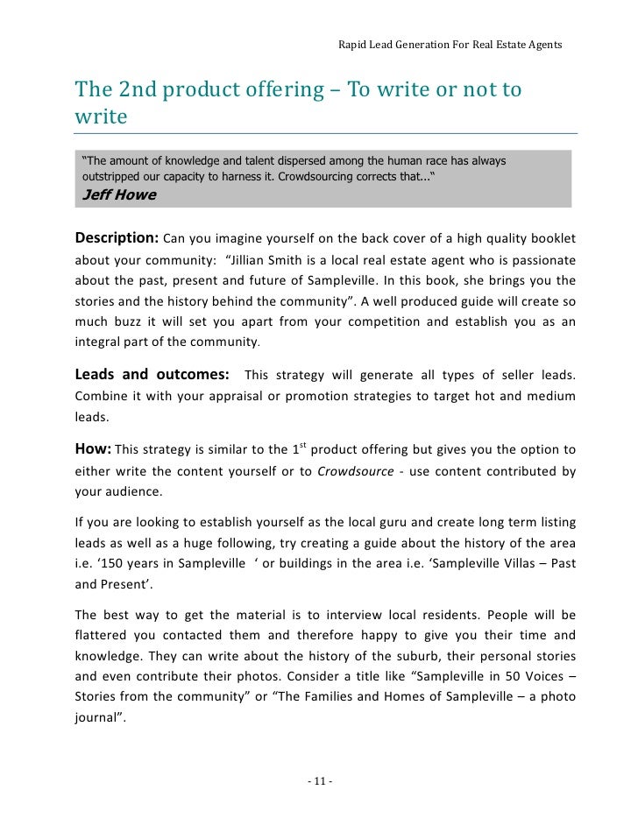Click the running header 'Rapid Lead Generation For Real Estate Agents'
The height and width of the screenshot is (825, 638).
click(x=450, y=44)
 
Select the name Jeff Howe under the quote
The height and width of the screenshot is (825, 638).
click(x=118, y=194)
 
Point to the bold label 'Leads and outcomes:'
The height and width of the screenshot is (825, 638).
click(x=153, y=376)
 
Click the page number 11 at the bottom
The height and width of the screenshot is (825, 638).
click(x=319, y=780)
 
